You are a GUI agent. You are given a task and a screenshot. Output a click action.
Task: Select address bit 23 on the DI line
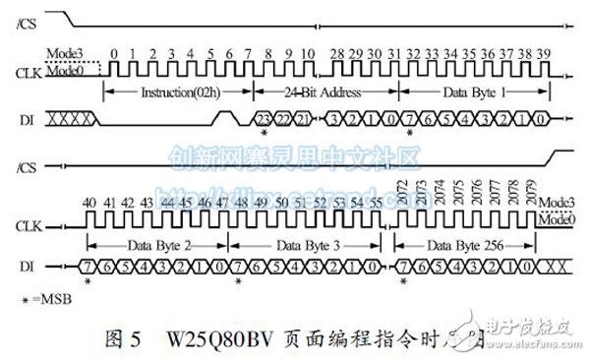tap(264, 118)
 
